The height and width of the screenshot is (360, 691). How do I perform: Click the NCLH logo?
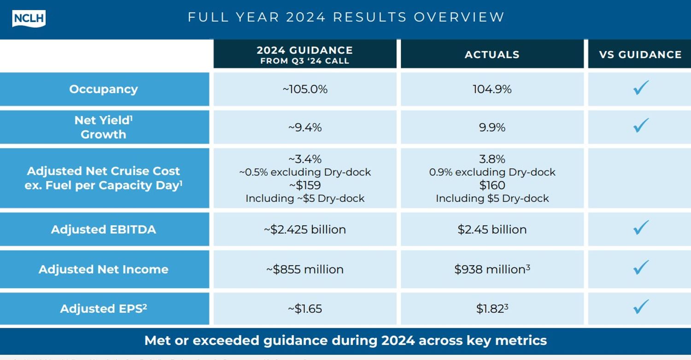(29, 18)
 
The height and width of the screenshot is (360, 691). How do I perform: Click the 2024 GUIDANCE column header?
(305, 54)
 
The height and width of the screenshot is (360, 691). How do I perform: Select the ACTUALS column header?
(492, 54)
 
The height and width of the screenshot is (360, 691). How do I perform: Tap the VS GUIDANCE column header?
(640, 54)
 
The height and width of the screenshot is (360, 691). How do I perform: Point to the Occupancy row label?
(104, 89)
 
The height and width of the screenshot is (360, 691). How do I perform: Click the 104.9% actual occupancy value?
(492, 89)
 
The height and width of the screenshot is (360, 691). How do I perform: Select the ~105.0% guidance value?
(305, 89)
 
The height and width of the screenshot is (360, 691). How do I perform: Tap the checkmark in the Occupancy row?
(640, 87)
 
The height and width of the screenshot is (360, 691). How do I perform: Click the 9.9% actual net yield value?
(492, 128)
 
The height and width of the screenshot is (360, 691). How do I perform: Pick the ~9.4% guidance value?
(305, 128)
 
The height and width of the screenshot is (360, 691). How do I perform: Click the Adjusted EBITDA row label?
(104, 229)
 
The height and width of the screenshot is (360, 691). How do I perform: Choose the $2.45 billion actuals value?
(492, 229)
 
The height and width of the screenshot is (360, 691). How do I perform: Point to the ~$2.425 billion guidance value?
(305, 229)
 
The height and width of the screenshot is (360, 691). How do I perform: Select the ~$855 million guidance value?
(305, 269)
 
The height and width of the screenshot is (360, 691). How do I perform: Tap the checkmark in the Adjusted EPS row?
(640, 307)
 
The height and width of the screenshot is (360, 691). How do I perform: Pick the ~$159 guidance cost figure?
(305, 185)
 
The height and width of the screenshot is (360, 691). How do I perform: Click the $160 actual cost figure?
(492, 185)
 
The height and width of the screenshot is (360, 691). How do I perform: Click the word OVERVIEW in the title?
(459, 17)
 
